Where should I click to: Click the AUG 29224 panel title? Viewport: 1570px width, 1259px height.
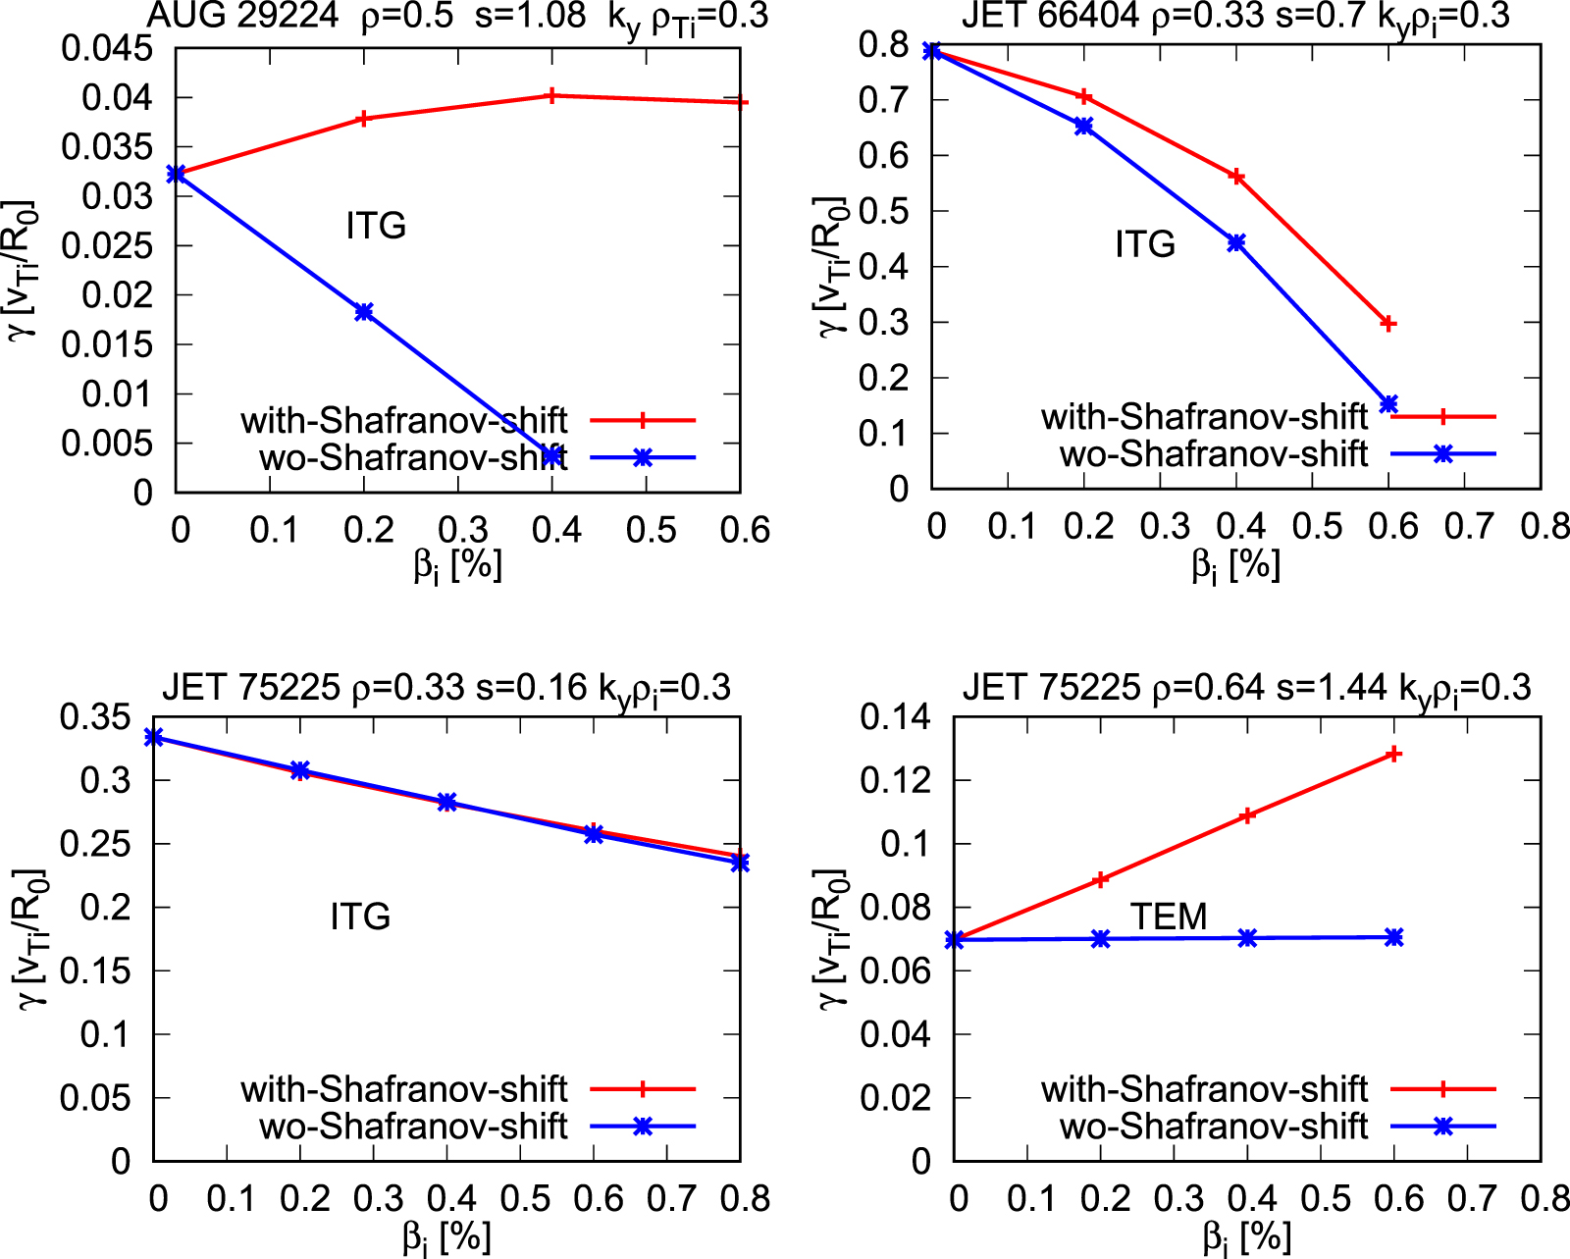click(457, 16)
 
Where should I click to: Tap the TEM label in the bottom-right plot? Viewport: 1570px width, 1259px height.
click(1168, 917)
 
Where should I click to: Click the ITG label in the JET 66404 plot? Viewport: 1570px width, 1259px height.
click(1145, 243)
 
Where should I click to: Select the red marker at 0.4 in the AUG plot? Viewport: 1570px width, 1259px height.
click(551, 95)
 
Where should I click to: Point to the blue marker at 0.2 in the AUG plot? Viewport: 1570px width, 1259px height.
click(364, 312)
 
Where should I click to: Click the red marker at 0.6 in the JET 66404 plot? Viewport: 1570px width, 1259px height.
click(1387, 323)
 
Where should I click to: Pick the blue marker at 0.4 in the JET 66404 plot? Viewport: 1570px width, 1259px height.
click(1236, 242)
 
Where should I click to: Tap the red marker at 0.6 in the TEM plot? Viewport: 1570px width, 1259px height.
click(1393, 754)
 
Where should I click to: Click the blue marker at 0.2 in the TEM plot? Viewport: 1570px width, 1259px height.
click(1101, 938)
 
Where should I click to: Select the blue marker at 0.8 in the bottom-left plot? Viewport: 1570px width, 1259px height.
click(740, 863)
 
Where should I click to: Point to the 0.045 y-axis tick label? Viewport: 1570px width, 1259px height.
click(107, 48)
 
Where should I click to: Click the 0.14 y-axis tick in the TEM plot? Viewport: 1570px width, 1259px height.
click(895, 717)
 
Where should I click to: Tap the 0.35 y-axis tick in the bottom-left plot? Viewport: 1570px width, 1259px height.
click(94, 717)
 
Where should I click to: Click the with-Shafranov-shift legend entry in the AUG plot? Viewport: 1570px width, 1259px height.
click(403, 420)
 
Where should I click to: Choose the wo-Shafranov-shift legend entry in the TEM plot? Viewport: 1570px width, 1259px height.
click(1213, 1127)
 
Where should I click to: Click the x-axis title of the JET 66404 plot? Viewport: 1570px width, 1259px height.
click(1235, 565)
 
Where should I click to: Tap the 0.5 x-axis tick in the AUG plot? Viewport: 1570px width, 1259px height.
click(652, 530)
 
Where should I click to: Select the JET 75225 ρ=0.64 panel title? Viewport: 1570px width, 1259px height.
click(1246, 688)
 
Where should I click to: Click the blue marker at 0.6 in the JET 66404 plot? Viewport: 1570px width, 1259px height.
click(1387, 404)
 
